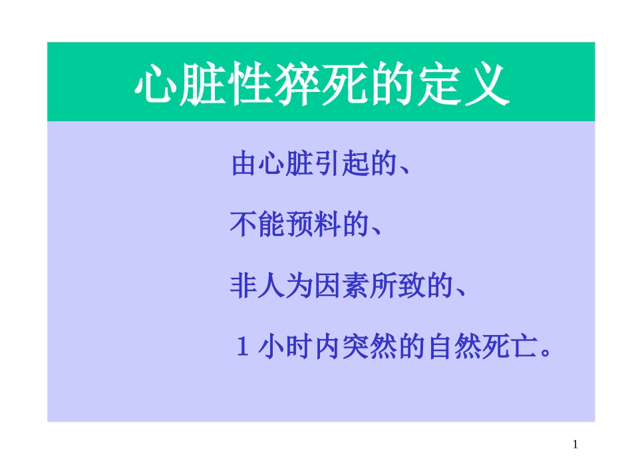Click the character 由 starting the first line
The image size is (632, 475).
click(245, 165)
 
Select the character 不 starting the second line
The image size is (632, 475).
click(244, 227)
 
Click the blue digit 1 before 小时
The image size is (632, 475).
click(243, 348)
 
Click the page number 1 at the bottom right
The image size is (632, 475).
click(575, 444)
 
